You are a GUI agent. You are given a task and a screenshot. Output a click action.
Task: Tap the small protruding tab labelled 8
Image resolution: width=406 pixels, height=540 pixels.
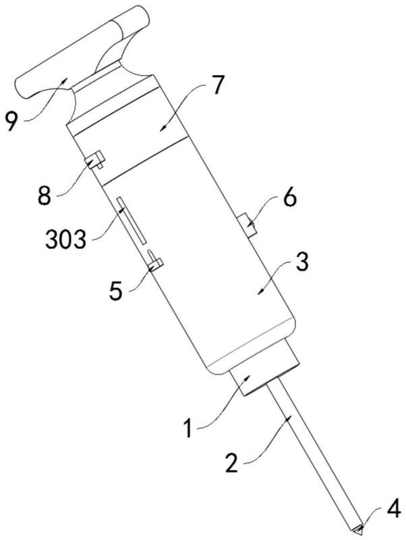click(96, 161)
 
